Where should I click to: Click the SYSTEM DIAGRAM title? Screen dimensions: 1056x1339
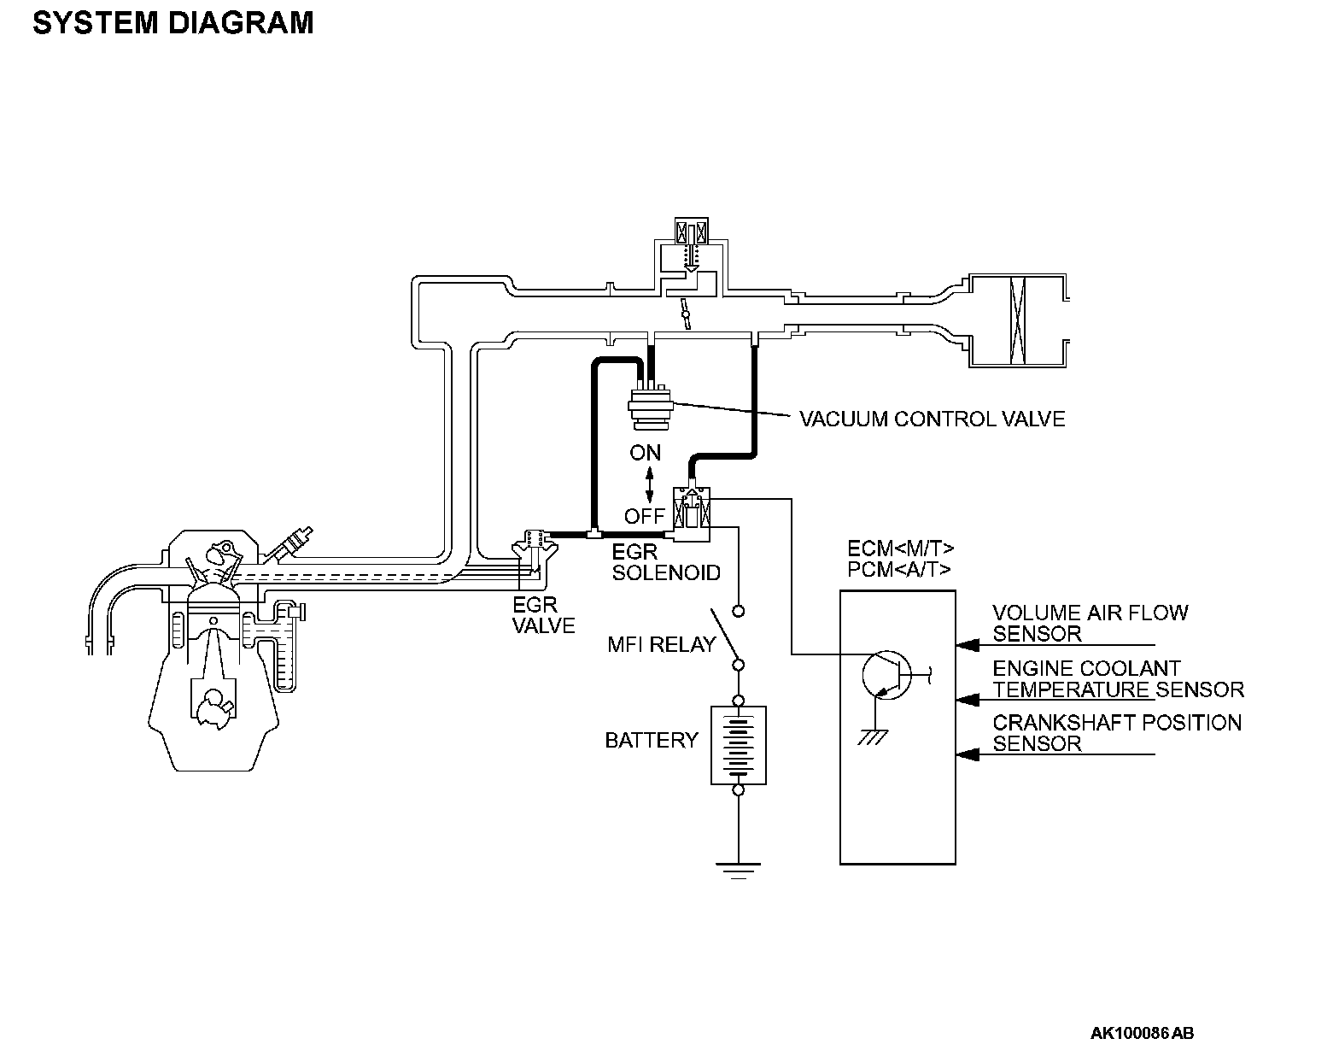pyautogui.click(x=173, y=23)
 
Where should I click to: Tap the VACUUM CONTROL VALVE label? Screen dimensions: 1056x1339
pyautogui.click(x=932, y=419)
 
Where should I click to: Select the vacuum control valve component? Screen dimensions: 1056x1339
pyautogui.click(x=650, y=407)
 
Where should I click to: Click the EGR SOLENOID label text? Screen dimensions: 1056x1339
pyautogui.click(x=666, y=562)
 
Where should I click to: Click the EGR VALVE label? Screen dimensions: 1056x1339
pyautogui.click(x=543, y=615)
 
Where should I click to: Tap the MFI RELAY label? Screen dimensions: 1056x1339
pyautogui.click(x=661, y=644)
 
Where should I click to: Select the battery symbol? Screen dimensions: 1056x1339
pyautogui.click(x=739, y=744)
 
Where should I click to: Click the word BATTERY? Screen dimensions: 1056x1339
pyautogui.click(x=652, y=740)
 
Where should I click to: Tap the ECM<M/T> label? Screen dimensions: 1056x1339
pyautogui.click(x=901, y=549)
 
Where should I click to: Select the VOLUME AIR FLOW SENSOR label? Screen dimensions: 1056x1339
pyautogui.click(x=1090, y=623)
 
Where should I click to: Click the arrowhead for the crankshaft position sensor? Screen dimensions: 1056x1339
pyautogui.click(x=967, y=754)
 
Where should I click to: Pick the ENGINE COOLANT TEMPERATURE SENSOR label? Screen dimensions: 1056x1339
pyautogui.click(x=1118, y=678)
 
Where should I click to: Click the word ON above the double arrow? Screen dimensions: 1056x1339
pyautogui.click(x=646, y=453)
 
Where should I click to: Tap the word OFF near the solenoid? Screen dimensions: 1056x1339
pyautogui.click(x=644, y=515)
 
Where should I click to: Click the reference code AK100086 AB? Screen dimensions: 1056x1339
pyautogui.click(x=1142, y=1033)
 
